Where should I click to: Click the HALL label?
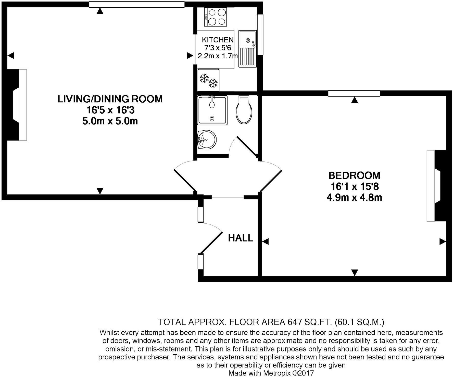(x=241, y=238)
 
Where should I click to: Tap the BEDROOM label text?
(x=354, y=175)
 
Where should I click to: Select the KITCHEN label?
(x=218, y=40)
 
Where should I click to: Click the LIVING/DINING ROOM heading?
(x=110, y=99)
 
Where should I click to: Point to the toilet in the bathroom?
(x=244, y=109)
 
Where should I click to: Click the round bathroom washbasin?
(x=207, y=140)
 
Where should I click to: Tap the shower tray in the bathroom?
(x=212, y=110)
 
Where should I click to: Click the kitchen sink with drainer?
(x=247, y=49)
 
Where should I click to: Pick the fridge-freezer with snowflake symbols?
(x=208, y=79)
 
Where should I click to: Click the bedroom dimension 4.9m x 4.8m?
(x=354, y=197)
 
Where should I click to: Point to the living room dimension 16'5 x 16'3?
(x=110, y=110)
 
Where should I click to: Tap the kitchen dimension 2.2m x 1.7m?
(x=218, y=56)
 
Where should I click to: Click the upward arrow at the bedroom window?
(x=354, y=100)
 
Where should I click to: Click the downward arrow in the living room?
(x=100, y=191)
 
